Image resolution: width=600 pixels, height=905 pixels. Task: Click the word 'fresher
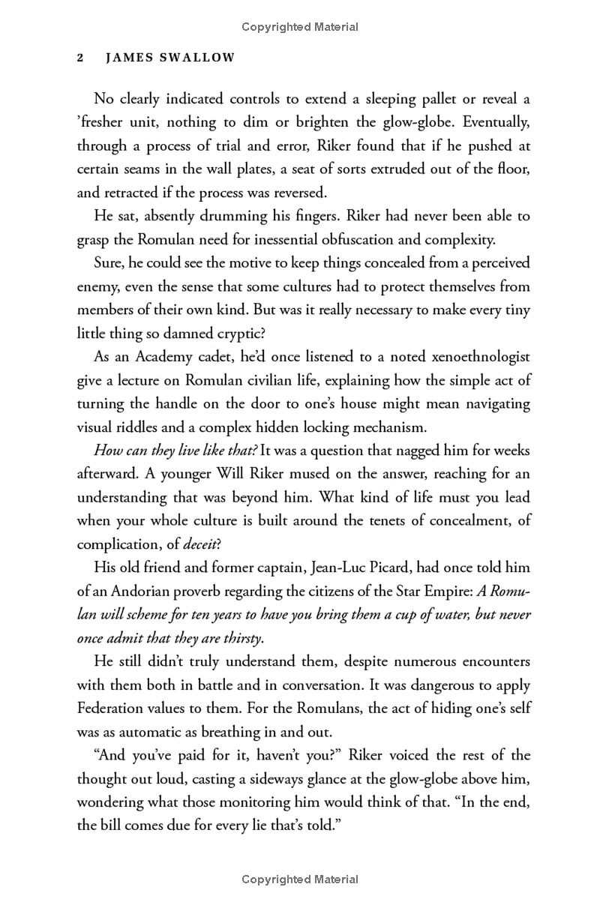(103, 123)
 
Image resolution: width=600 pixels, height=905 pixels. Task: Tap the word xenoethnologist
(463, 358)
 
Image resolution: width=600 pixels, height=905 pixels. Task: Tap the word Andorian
(131, 592)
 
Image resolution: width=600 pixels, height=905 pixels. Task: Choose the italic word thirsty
(238, 638)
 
